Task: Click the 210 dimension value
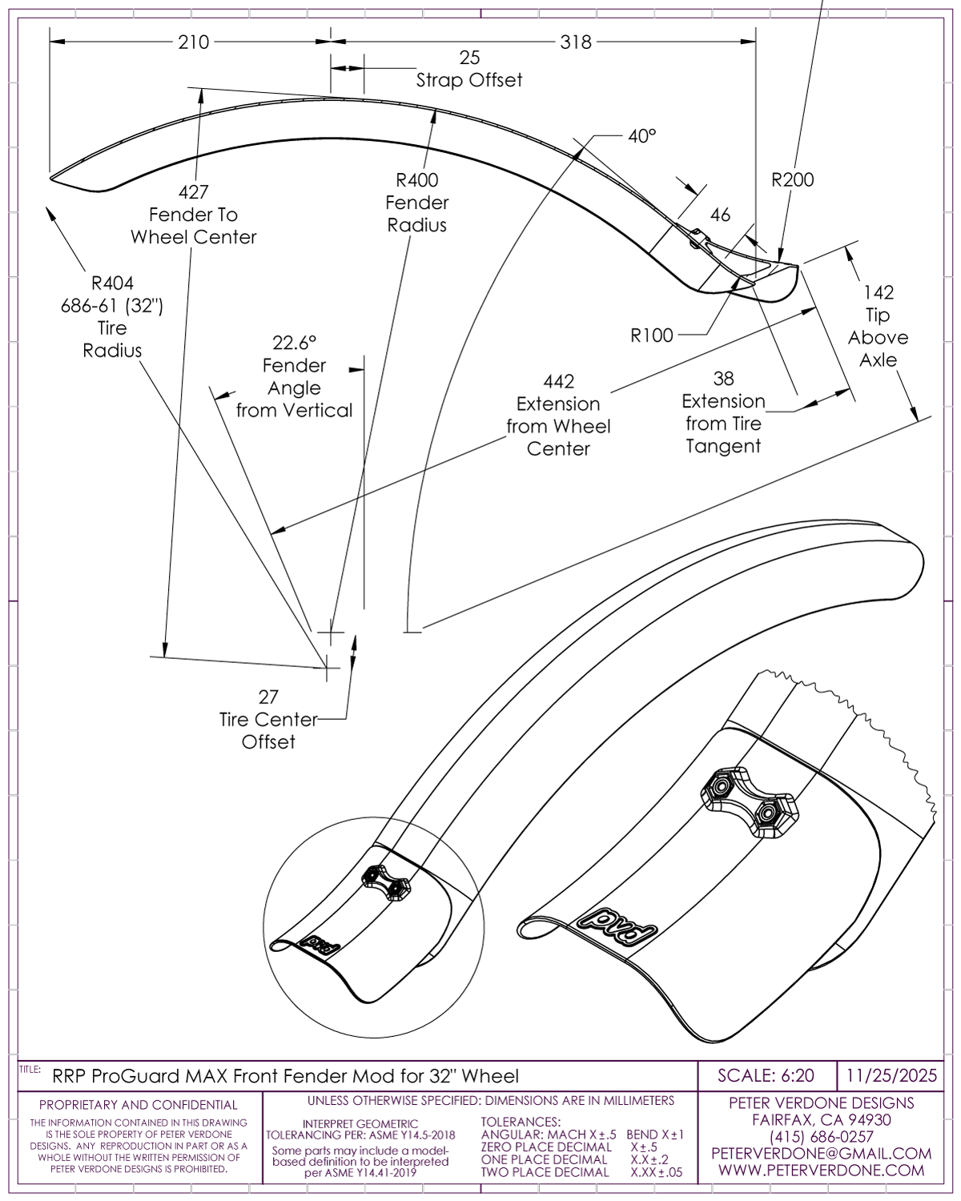[x=193, y=42]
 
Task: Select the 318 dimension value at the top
[x=575, y=42]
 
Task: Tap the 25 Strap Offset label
[x=469, y=69]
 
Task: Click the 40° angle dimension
[x=641, y=136]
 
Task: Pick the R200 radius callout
[x=792, y=179]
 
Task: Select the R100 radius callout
[x=652, y=335]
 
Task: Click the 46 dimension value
[x=720, y=215]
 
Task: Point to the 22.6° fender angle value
[x=294, y=343]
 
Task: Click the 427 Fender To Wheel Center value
[x=193, y=192]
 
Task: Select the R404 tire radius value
[x=112, y=283]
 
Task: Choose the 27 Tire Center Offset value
[x=267, y=697]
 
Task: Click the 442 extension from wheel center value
[x=558, y=381]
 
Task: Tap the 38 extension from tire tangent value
[x=723, y=378]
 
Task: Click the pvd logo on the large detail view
[x=617, y=925]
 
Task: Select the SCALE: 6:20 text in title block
[x=766, y=1075]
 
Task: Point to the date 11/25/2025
[x=891, y=1075]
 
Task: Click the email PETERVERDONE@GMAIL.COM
[x=821, y=1154]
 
